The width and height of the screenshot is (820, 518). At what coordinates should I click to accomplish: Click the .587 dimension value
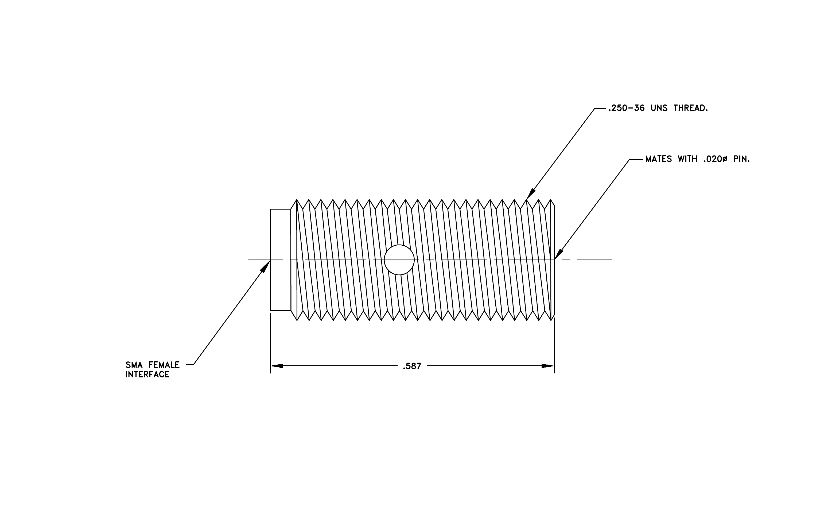tap(412, 366)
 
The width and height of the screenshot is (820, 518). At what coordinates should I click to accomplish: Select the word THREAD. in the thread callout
tap(691, 108)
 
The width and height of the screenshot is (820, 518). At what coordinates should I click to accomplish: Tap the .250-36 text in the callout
tap(626, 108)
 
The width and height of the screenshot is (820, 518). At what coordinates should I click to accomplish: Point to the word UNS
tap(659, 108)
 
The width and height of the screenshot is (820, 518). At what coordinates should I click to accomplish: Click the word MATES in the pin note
tap(659, 159)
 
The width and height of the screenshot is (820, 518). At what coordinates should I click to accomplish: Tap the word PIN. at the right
tap(741, 159)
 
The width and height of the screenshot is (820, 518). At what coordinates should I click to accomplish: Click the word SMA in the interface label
tap(134, 365)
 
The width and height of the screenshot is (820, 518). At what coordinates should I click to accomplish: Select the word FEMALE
tap(164, 365)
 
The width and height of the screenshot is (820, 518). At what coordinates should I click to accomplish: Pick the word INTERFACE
tap(147, 375)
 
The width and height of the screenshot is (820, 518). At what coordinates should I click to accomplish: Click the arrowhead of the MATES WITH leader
tap(558, 254)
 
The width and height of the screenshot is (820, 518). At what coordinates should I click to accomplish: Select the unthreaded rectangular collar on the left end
tap(281, 260)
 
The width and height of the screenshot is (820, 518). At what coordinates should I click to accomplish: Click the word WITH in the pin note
tap(687, 159)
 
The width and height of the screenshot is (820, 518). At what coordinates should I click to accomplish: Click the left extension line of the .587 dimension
tap(271, 343)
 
